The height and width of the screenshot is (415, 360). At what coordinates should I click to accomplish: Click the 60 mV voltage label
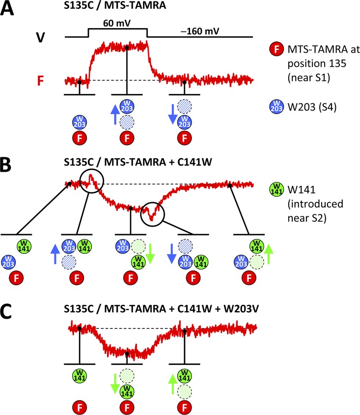click(116, 23)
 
